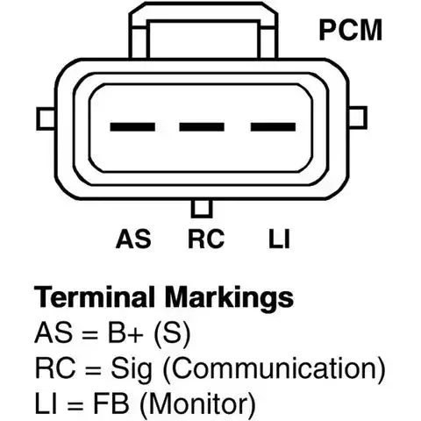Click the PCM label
click(x=351, y=30)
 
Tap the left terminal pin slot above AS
click(x=132, y=127)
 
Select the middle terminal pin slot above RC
click(x=202, y=127)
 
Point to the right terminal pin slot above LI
click(x=273, y=127)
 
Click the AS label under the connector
click(x=133, y=239)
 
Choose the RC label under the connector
click(x=206, y=239)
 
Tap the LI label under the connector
click(x=279, y=239)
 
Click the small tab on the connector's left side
click(x=46, y=118)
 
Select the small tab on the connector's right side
click(x=358, y=118)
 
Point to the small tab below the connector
click(x=202, y=209)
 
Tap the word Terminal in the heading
click(x=94, y=296)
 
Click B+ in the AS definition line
click(x=125, y=332)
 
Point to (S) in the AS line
click(x=172, y=333)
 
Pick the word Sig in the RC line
click(x=132, y=369)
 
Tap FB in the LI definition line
click(x=111, y=403)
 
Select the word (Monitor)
click(x=198, y=404)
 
